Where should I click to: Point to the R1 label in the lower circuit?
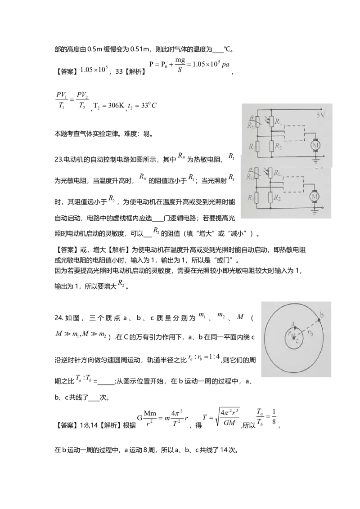[x=252, y=197]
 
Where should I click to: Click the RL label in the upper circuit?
[x=280, y=121]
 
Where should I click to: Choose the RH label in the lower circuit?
[x=250, y=177]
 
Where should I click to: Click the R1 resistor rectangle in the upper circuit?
[x=258, y=146]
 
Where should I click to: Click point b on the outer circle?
[x=319, y=320]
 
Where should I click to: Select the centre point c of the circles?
[x=294, y=338]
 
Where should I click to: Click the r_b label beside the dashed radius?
[x=311, y=333]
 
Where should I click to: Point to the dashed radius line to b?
[x=307, y=329]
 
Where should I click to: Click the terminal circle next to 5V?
[x=322, y=109]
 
